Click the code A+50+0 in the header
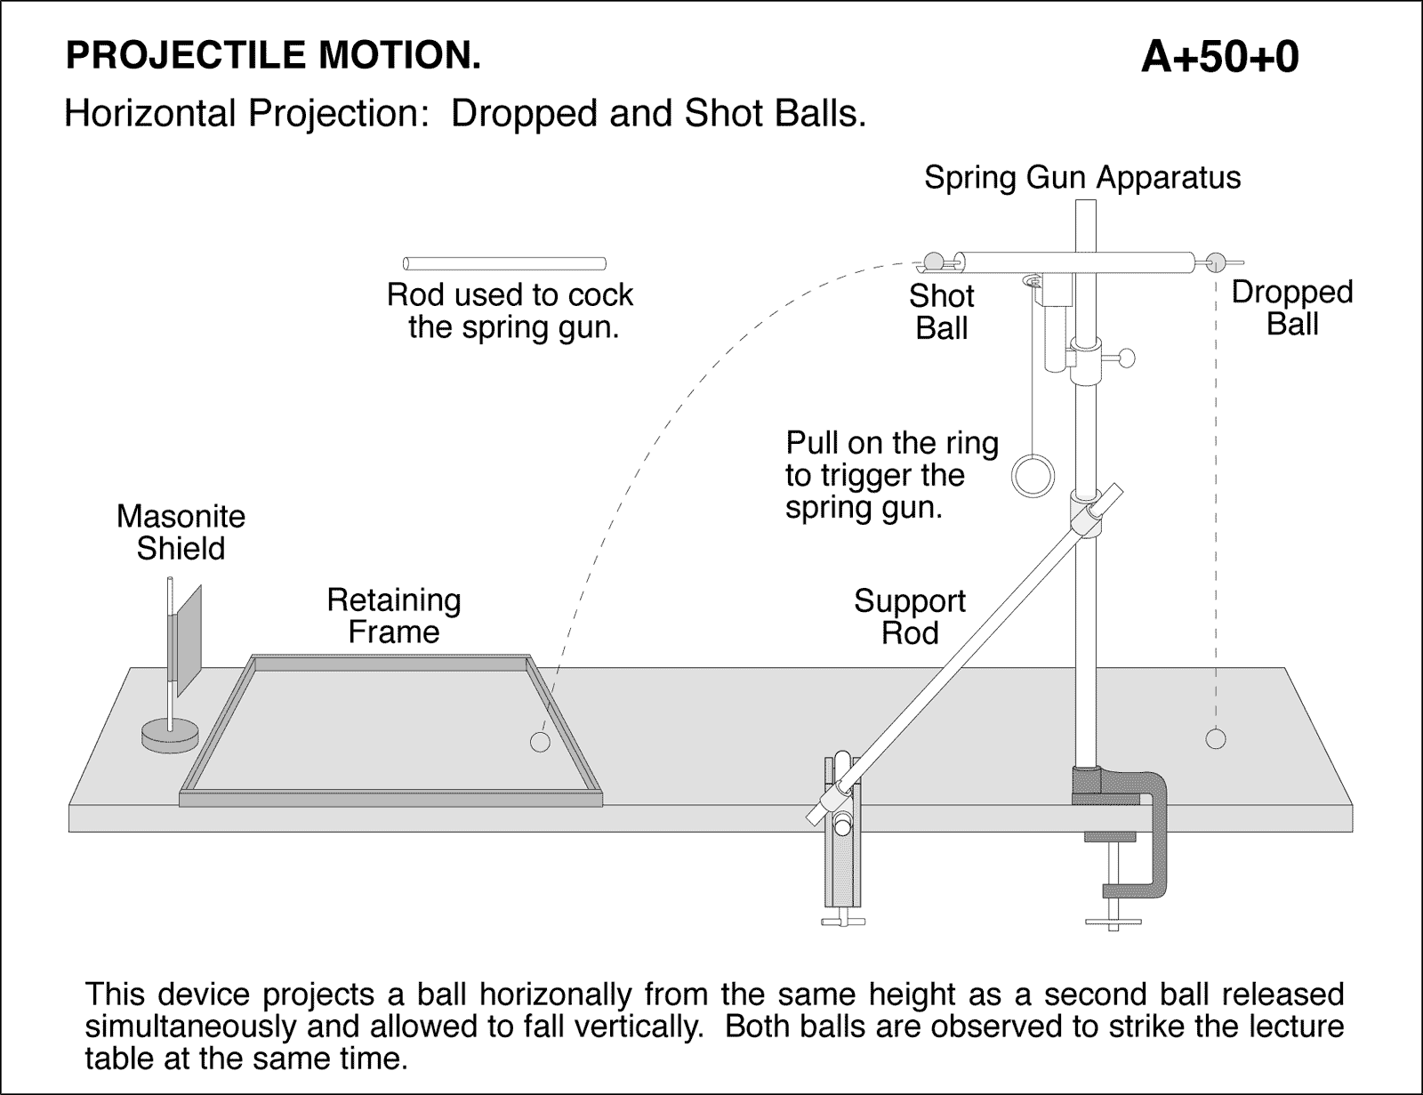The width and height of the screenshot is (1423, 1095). coord(1219,58)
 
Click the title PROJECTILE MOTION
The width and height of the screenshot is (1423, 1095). coord(273,56)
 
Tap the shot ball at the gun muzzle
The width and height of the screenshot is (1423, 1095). coord(933,261)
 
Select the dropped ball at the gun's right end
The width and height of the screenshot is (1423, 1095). coord(1216,262)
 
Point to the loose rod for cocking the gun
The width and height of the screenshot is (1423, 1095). coord(504,263)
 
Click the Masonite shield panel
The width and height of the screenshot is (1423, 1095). coord(188,640)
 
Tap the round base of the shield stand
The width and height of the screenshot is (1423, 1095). coord(170,736)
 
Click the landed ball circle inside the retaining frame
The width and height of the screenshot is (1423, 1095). coord(540,741)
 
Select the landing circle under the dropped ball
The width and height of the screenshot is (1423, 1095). coord(1215,738)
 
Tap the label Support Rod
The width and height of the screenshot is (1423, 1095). coord(909,616)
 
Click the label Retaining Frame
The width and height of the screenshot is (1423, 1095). coord(393,616)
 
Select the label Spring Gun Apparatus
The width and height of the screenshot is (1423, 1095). coord(1081,177)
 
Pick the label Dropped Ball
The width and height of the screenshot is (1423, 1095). coord(1291,307)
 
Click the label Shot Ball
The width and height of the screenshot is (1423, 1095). coord(941,311)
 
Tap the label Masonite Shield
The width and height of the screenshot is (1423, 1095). coord(181,532)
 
